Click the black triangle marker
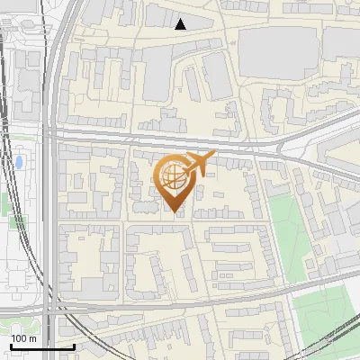[181, 24]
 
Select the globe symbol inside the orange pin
[174, 181]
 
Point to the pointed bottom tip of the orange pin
[175, 213]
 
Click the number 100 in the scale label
[20, 338]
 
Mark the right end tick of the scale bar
[74, 346]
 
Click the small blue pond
[18, 163]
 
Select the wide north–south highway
[52, 180]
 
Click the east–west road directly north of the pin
[180, 142]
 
